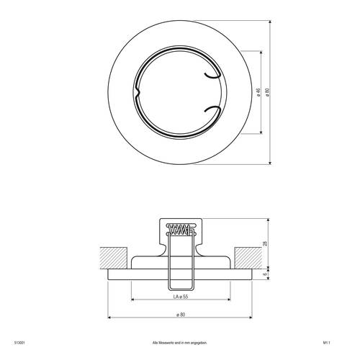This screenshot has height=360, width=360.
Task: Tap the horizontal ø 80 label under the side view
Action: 180,313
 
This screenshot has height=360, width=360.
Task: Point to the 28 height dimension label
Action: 265,244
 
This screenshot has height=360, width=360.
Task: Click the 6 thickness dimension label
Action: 265,274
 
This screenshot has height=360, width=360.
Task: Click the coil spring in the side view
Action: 180,230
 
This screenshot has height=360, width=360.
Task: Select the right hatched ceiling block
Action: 246,257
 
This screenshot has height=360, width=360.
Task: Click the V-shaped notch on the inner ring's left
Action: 136,93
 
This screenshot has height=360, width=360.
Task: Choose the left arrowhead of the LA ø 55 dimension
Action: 132,300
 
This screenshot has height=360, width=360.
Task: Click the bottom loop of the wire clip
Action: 180,285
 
